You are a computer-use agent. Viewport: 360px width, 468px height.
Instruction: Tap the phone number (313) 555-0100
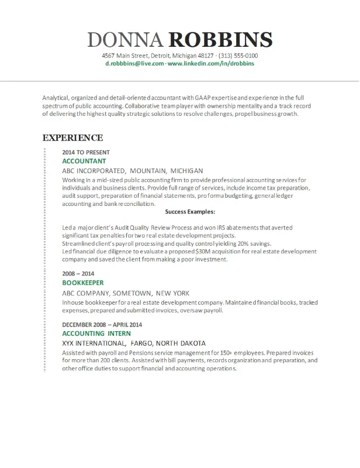(238, 56)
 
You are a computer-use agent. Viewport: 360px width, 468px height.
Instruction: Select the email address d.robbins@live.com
(134, 63)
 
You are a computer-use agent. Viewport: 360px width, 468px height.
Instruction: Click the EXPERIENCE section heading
(72, 138)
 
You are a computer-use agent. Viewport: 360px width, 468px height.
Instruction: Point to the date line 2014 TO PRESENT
(86, 152)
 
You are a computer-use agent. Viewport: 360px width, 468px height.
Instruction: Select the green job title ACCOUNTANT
(84, 161)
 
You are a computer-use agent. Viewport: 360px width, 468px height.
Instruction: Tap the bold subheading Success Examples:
(191, 212)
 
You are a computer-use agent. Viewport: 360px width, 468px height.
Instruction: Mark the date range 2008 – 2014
(78, 273)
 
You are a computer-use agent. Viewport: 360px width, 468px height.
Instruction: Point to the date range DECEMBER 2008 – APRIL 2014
(102, 324)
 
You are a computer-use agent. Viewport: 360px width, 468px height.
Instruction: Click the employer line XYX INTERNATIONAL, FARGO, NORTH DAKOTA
(133, 343)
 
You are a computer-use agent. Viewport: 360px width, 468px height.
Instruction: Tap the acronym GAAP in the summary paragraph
(193, 97)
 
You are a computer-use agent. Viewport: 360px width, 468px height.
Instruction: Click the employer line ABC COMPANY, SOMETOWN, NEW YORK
(124, 293)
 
